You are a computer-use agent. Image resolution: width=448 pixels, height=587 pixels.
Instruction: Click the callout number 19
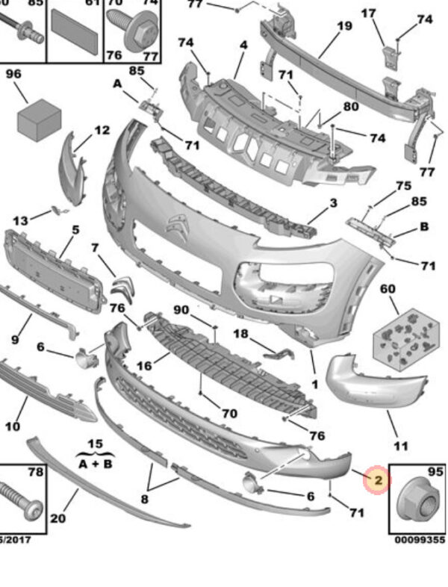tap(343, 26)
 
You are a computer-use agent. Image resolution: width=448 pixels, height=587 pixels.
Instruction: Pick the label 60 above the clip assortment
tap(388, 288)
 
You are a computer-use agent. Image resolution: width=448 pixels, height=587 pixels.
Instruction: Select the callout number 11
tap(401, 447)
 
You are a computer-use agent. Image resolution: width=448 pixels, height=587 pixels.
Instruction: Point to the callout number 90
tap(181, 309)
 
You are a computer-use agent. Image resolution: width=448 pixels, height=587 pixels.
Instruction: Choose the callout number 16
tap(143, 366)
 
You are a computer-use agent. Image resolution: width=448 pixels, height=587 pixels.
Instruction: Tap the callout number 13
tap(20, 220)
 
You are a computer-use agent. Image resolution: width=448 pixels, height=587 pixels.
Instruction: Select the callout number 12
tap(102, 131)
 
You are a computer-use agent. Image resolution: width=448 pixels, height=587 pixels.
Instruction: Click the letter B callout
tap(424, 226)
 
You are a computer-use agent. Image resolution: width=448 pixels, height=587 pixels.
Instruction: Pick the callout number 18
tap(240, 333)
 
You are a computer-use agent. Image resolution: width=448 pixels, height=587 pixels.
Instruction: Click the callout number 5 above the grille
tap(75, 231)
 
